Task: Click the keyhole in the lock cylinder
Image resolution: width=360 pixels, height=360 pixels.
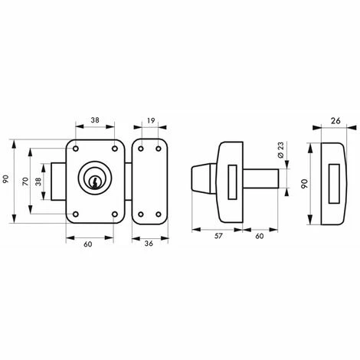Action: pyautogui.click(x=94, y=182)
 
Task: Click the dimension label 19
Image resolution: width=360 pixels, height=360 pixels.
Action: pyautogui.click(x=151, y=120)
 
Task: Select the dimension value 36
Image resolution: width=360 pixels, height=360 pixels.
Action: pyautogui.click(x=149, y=244)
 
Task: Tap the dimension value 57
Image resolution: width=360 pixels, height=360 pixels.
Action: pyautogui.click(x=218, y=236)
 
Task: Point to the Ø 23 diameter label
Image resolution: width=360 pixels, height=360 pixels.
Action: pyautogui.click(x=280, y=151)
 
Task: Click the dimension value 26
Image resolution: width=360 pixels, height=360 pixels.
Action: pyautogui.click(x=335, y=121)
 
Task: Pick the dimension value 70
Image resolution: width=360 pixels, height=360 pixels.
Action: pyautogui.click(x=25, y=182)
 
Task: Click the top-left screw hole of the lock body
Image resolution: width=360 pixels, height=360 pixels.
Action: pyautogui.click(x=76, y=149)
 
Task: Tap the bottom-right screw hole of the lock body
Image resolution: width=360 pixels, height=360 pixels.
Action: pyautogui.click(x=115, y=214)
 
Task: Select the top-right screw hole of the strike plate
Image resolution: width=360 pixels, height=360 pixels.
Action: pyautogui.click(x=159, y=149)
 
